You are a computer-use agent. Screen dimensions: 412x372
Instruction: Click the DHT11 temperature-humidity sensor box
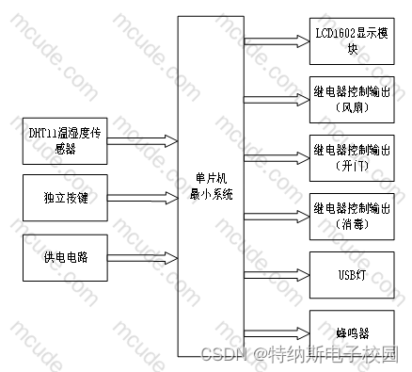[65, 141]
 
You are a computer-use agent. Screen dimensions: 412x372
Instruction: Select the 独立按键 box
[65, 198]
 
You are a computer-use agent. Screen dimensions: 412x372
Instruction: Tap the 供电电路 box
[65, 258]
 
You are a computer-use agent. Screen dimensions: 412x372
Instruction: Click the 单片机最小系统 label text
[211, 186]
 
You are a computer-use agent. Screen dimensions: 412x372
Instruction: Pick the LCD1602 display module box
[352, 41]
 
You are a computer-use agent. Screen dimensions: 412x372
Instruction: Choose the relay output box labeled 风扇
[352, 100]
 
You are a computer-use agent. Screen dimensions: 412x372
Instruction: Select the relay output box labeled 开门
[352, 158]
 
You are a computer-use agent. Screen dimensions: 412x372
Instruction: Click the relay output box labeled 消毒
[352, 217]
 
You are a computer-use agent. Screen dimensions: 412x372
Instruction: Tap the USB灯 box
[352, 275]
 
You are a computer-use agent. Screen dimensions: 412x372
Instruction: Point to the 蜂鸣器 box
[352, 333]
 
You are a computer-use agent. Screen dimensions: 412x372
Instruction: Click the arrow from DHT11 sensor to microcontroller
[143, 141]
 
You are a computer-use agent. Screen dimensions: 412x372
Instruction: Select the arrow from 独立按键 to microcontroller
[143, 198]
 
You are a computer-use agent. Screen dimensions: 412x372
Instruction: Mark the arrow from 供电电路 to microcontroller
[143, 258]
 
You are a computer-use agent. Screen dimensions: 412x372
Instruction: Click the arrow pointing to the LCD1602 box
[277, 41]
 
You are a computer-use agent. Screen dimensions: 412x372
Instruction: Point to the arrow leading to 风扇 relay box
[277, 100]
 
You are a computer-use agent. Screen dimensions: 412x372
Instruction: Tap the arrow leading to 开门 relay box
[277, 158]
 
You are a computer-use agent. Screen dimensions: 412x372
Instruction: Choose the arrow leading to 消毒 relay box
[277, 217]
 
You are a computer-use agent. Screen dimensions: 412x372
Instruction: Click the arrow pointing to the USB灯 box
[277, 275]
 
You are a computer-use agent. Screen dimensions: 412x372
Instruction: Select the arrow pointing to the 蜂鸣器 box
[277, 333]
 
